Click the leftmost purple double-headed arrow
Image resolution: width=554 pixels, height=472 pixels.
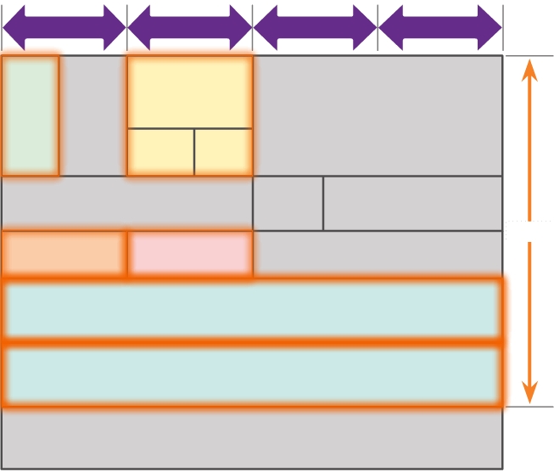click(x=64, y=27)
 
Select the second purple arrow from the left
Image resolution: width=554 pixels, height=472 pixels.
click(x=190, y=27)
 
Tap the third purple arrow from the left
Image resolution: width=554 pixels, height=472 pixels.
click(x=315, y=27)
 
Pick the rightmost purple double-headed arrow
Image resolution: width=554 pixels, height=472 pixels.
click(x=440, y=27)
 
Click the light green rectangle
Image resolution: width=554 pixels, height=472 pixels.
click(x=31, y=115)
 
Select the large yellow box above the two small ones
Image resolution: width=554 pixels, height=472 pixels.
click(x=190, y=92)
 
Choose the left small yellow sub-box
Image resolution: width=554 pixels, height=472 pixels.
click(x=160, y=152)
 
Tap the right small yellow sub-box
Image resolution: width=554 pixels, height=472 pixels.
click(x=223, y=152)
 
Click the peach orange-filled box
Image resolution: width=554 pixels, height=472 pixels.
click(x=64, y=254)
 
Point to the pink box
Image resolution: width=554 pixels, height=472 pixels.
click(x=190, y=254)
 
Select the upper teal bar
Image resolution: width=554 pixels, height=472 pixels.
click(x=252, y=309)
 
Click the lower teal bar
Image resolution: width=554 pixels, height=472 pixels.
click(x=252, y=374)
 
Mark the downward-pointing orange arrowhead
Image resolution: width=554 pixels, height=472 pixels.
click(x=529, y=392)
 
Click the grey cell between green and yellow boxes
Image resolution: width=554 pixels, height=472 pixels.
click(x=92, y=115)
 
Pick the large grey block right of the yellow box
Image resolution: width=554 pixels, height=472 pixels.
click(x=378, y=115)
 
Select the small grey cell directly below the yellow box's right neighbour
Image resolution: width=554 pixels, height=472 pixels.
click(x=288, y=204)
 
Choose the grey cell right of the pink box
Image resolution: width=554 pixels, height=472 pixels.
click(x=378, y=253)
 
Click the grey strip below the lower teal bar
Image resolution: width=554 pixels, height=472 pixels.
click(x=252, y=436)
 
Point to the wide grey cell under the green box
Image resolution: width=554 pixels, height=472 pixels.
click(x=127, y=204)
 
